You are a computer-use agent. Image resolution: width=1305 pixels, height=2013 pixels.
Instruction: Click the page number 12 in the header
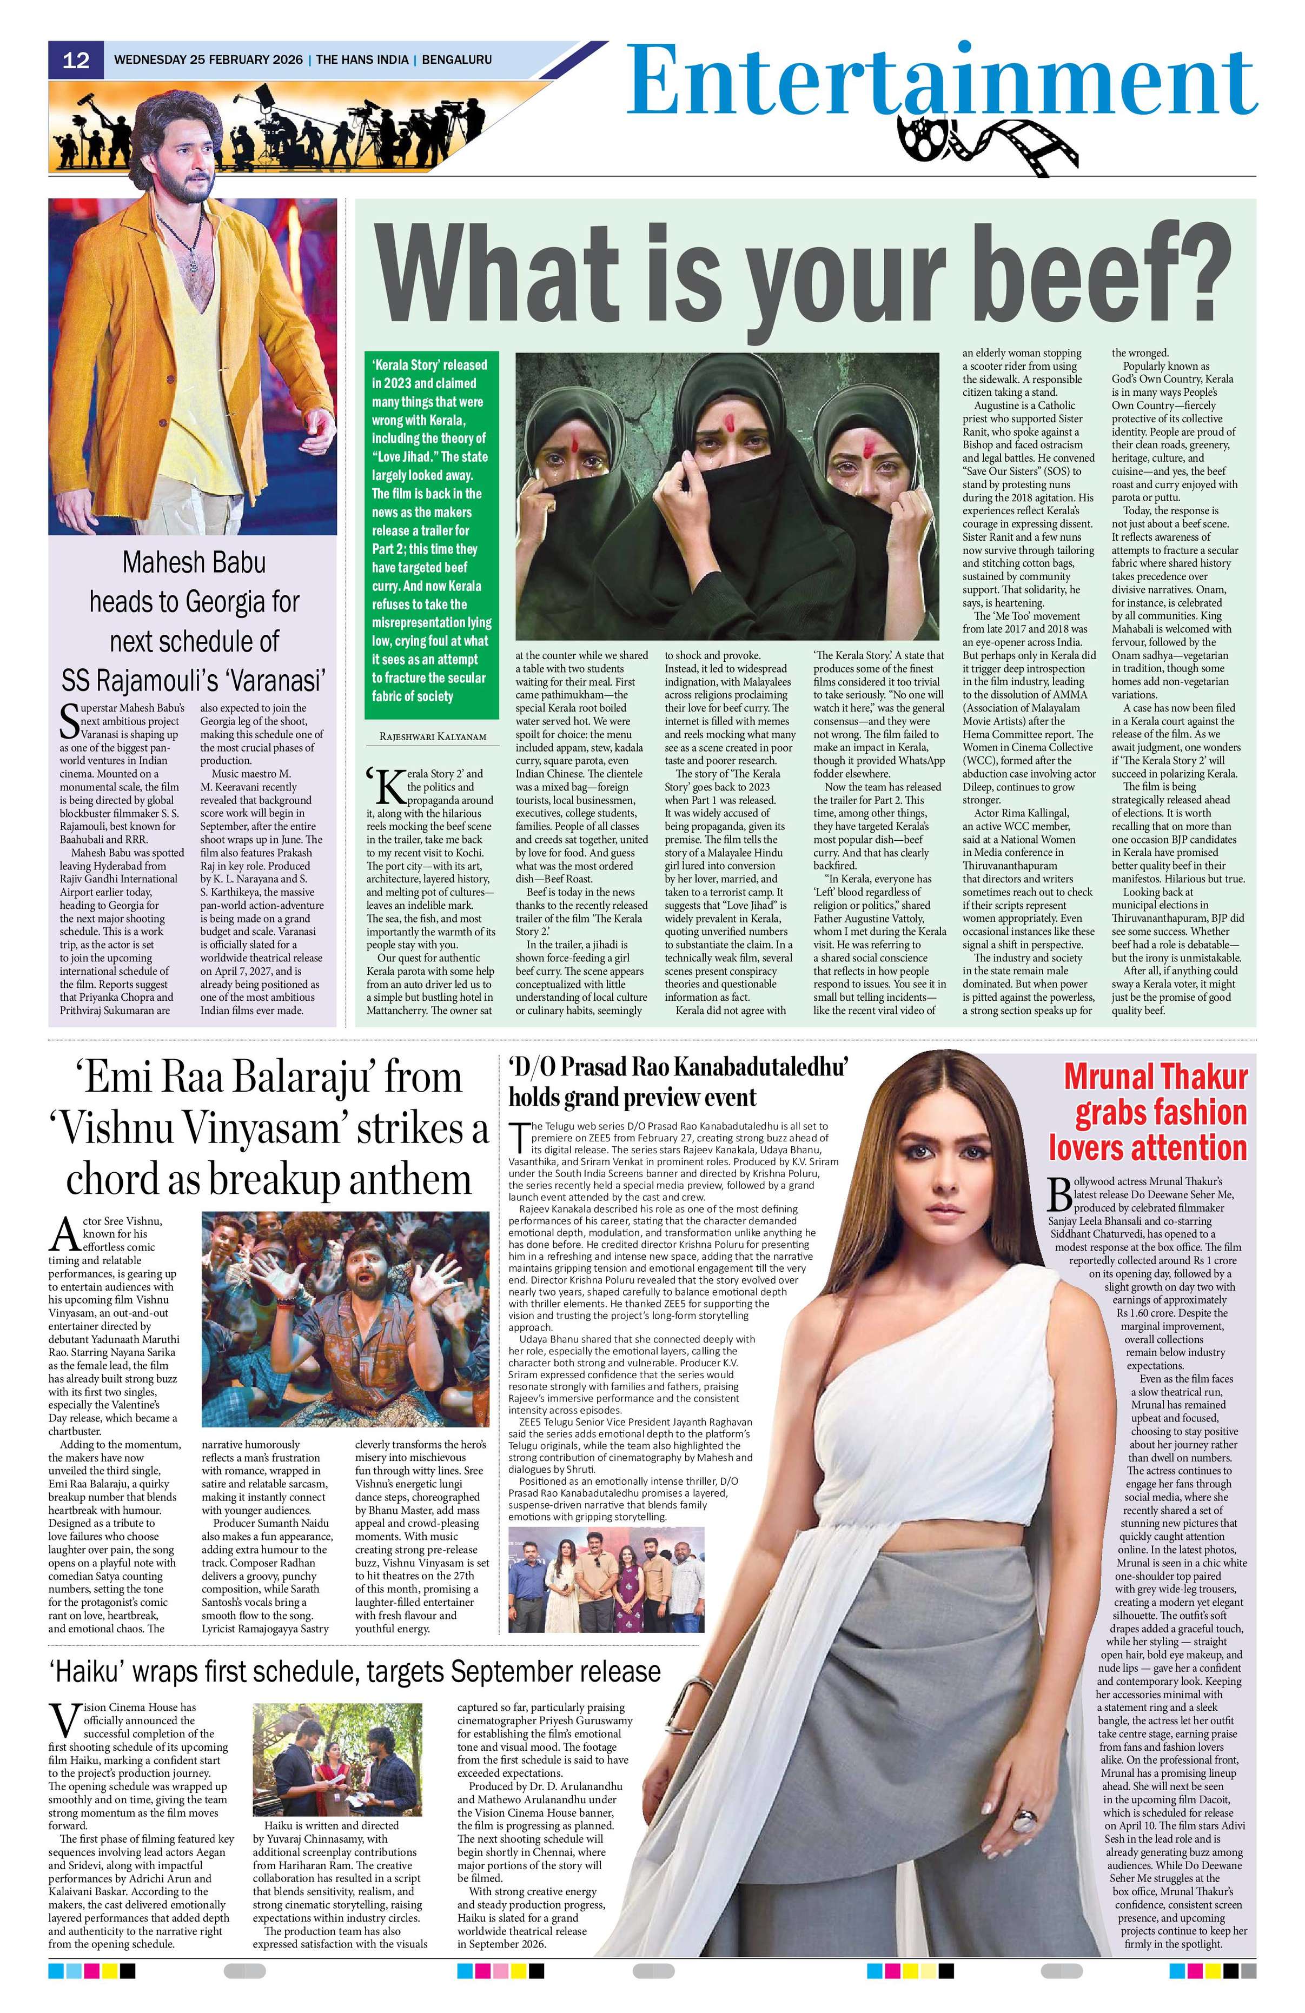[76, 60]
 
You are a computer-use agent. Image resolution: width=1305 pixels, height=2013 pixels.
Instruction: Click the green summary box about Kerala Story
[432, 530]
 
